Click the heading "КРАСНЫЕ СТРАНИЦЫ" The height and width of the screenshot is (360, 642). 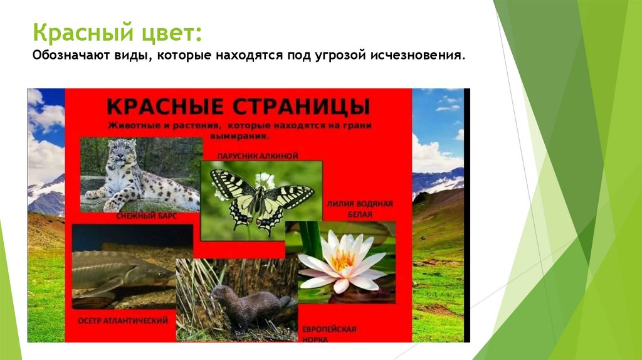coord(238,104)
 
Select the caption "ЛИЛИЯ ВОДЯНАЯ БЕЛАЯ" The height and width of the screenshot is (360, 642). coord(359,209)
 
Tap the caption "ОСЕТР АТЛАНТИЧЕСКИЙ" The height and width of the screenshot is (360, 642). coord(123,320)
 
